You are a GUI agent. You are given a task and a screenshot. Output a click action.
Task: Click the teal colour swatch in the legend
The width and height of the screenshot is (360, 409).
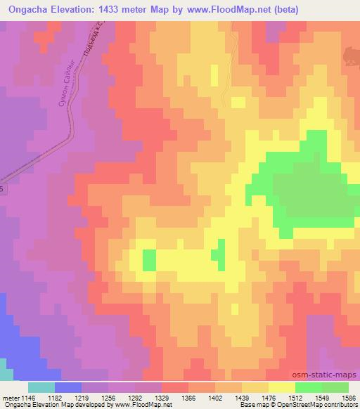point(41,387)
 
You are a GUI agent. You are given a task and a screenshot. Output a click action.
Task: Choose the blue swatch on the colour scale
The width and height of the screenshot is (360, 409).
point(68,387)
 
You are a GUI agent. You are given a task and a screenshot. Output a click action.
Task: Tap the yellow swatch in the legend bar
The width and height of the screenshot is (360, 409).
point(282,387)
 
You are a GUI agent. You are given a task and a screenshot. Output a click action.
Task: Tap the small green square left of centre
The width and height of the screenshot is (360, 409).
point(149,260)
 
